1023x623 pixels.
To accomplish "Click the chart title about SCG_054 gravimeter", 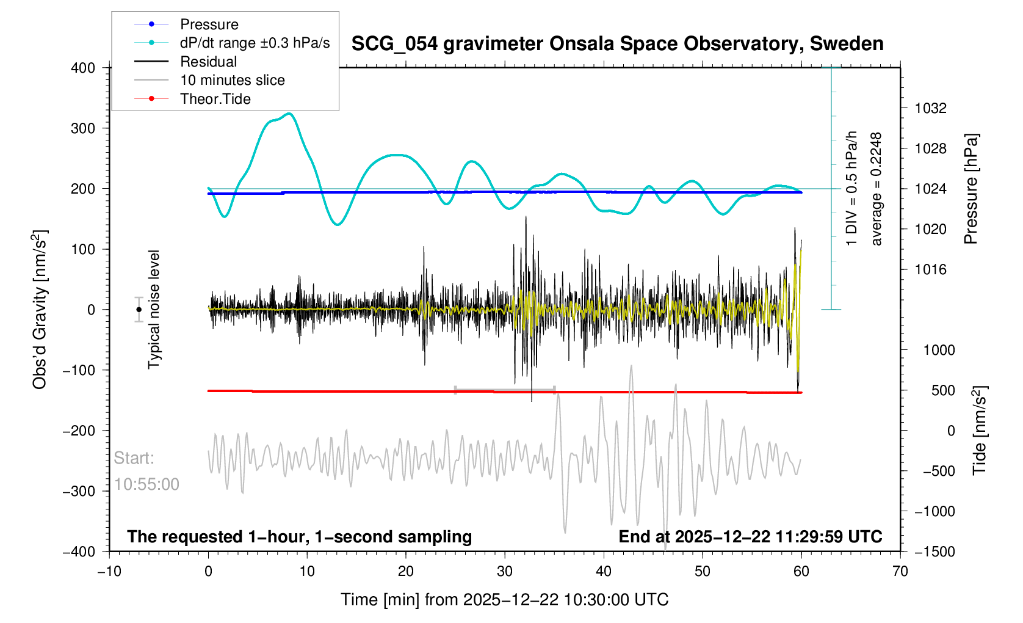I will pyautogui.click(x=617, y=44).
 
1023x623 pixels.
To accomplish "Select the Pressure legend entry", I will pyautogui.click(x=209, y=24).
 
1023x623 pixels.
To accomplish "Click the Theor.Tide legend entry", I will pyautogui.click(x=215, y=99).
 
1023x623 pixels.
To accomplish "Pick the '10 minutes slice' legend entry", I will pyautogui.click(x=233, y=80).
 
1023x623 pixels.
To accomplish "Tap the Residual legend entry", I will pyautogui.click(x=209, y=62).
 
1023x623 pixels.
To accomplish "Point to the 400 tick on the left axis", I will pyautogui.click(x=83, y=68).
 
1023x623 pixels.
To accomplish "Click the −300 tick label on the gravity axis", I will pyautogui.click(x=79, y=491).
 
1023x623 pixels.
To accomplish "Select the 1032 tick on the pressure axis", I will pyautogui.click(x=930, y=109).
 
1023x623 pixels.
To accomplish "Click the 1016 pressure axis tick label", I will pyautogui.click(x=930, y=270).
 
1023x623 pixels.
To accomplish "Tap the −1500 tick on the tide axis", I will pyautogui.click(x=934, y=552).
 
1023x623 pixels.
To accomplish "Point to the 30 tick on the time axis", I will pyautogui.click(x=505, y=572).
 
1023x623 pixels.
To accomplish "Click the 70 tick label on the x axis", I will pyautogui.click(x=900, y=572).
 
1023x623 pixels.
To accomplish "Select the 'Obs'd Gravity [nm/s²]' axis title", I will pyautogui.click(x=40, y=310).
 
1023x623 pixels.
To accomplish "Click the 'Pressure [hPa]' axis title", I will pyautogui.click(x=971, y=189).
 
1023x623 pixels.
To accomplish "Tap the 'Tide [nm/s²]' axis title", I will pyautogui.click(x=980, y=431).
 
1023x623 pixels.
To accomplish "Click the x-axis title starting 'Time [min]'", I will pyautogui.click(x=504, y=600).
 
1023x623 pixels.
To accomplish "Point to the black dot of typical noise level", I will pyautogui.click(x=139, y=310).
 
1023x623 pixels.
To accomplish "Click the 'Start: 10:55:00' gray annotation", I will pyautogui.click(x=146, y=471).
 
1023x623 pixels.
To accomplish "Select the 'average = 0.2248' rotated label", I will pyautogui.click(x=877, y=189).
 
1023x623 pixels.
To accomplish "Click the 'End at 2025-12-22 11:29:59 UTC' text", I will pyautogui.click(x=750, y=537).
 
